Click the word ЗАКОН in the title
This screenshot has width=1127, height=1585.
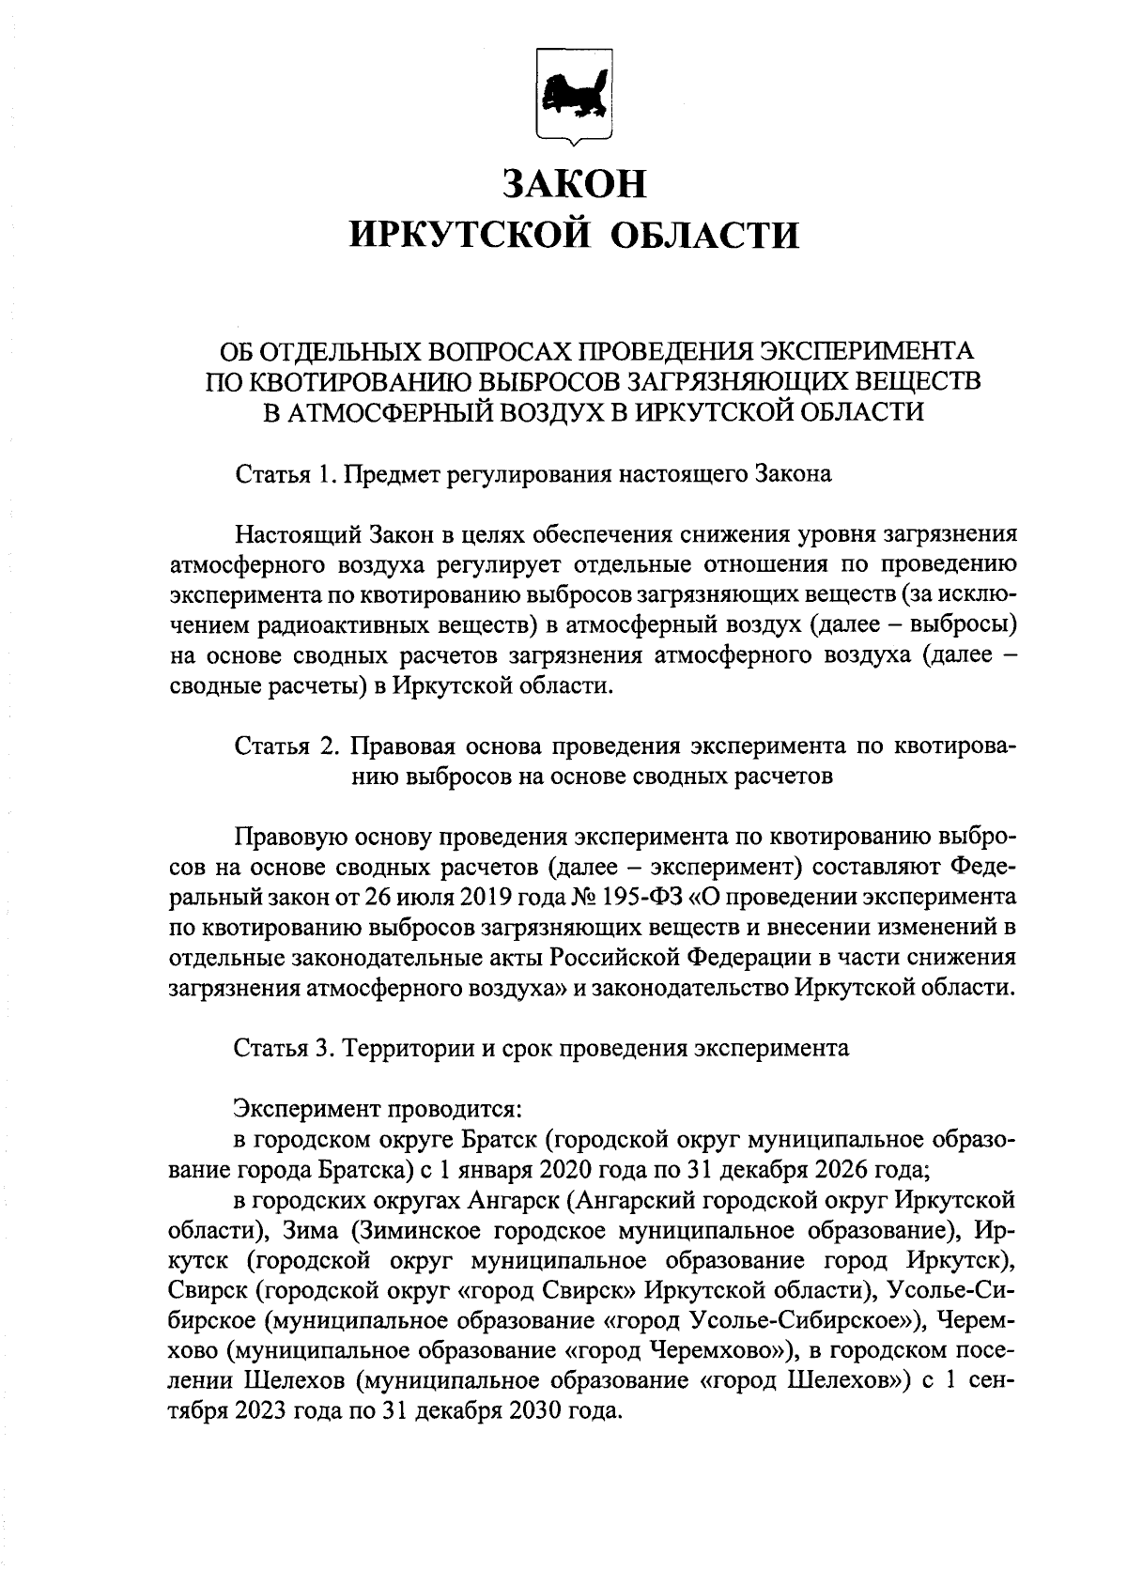[575, 183]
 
